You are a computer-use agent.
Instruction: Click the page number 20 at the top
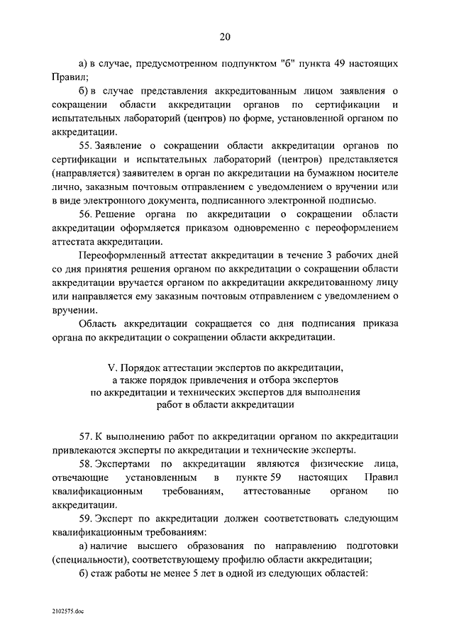pyautogui.click(x=226, y=37)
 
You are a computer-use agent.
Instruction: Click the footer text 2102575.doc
pyautogui.click(x=68, y=610)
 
